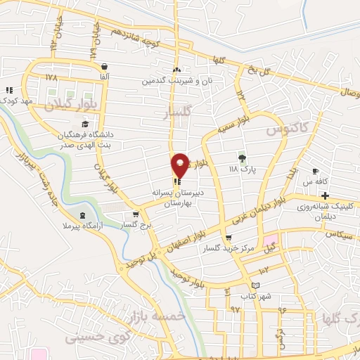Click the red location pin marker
click(180, 165)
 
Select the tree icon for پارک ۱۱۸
click(243, 157)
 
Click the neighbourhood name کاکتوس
click(275, 131)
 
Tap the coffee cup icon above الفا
click(104, 65)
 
